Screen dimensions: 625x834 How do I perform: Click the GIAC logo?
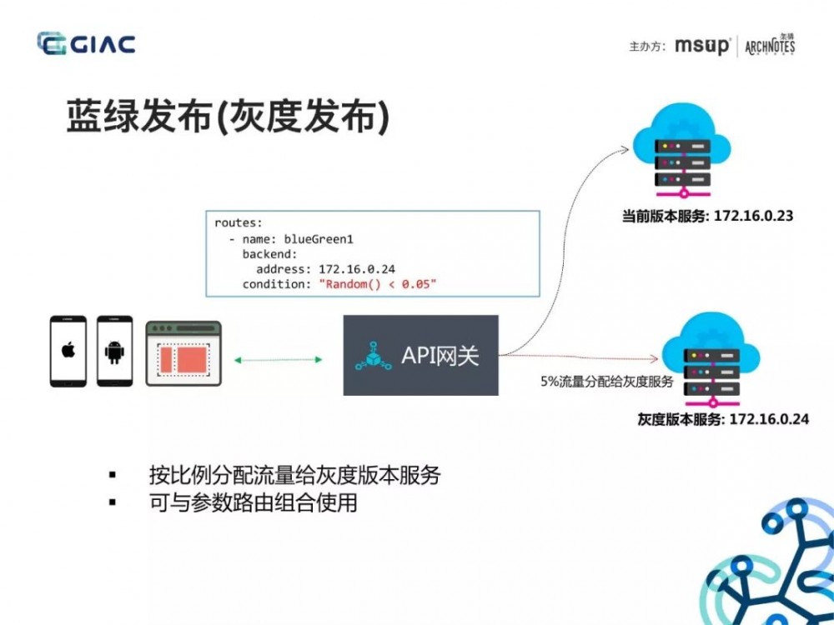86,44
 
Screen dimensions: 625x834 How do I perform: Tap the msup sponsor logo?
702,46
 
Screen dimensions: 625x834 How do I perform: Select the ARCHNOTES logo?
769,45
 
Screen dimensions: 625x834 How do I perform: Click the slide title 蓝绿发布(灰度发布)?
227,120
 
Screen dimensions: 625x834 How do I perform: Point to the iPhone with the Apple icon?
68,351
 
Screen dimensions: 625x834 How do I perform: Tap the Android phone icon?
114,351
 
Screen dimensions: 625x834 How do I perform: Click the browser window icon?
183,353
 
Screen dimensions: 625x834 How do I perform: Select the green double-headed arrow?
278,359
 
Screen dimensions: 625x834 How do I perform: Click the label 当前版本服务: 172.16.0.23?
707,216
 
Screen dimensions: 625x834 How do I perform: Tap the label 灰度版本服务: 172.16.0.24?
722,419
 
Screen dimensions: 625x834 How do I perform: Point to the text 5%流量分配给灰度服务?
606,382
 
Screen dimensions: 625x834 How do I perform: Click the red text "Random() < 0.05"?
378,285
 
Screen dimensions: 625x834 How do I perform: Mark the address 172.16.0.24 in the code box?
357,269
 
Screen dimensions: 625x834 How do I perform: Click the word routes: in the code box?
238,223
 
